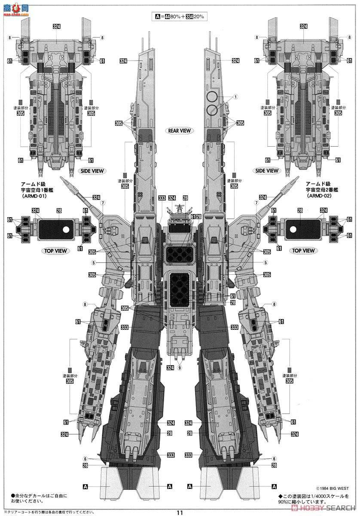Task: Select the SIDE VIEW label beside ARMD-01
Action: pyautogui.click(x=92, y=171)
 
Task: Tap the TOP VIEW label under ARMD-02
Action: pyautogui.click(x=303, y=250)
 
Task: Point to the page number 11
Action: pyautogui.click(x=180, y=512)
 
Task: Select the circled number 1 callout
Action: pyautogui.click(x=236, y=97)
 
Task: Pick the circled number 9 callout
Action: pyautogui.click(x=179, y=368)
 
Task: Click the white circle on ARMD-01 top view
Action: pyautogui.click(x=66, y=229)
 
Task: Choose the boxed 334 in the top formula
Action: pyautogui.click(x=190, y=16)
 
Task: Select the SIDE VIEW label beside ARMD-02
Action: pyautogui.click(x=267, y=171)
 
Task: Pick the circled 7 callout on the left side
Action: pyautogui.click(x=103, y=203)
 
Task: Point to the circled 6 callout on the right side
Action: pyautogui.click(x=274, y=459)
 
